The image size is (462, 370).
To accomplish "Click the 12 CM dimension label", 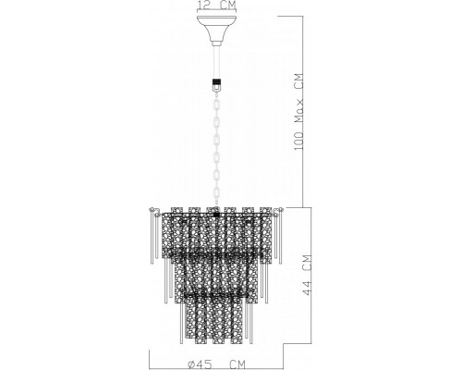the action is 217,6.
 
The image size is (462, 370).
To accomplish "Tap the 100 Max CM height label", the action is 298,112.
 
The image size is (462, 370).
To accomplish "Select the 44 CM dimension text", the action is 307,275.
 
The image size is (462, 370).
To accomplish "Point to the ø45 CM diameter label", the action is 217,364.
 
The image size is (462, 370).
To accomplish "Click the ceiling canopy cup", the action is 217,29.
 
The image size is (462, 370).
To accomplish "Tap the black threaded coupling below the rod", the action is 217,82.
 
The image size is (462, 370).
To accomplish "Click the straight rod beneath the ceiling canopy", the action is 217,62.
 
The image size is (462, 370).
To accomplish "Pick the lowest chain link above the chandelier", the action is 217,194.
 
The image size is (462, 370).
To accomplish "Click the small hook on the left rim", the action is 153,211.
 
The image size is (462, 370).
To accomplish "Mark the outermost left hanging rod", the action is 152,238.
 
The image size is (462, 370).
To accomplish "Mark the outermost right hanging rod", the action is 280,238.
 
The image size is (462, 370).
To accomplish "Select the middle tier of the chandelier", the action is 216,275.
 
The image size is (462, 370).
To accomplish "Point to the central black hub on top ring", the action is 216,213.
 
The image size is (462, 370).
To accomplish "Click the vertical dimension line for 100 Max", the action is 304,111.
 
